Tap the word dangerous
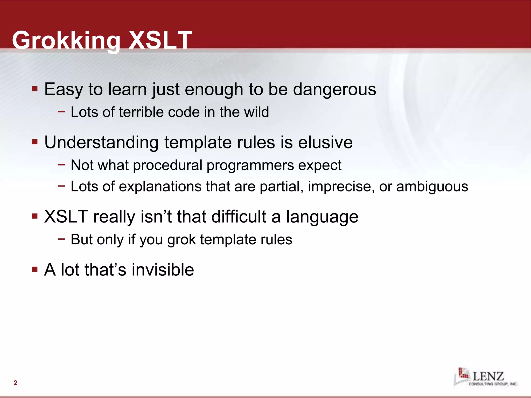tap(334, 89)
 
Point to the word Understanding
tap(101, 143)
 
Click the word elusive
tap(325, 143)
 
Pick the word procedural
tap(167, 165)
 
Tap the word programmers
tap(250, 165)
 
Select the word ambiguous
tap(432, 187)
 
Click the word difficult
tap(239, 217)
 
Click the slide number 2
tap(15, 383)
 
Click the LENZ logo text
tap(488, 376)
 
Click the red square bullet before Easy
tap(35, 89)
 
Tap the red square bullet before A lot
tap(35, 269)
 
